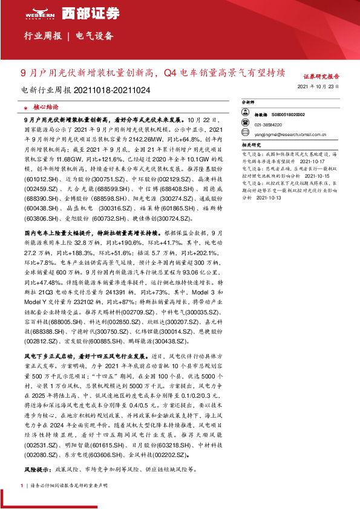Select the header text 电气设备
(95, 36)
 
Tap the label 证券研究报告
(321, 77)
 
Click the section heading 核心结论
(46, 106)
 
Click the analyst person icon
(246, 113)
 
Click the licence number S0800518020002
(289, 114)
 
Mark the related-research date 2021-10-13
(266, 196)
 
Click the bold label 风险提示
(37, 469)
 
